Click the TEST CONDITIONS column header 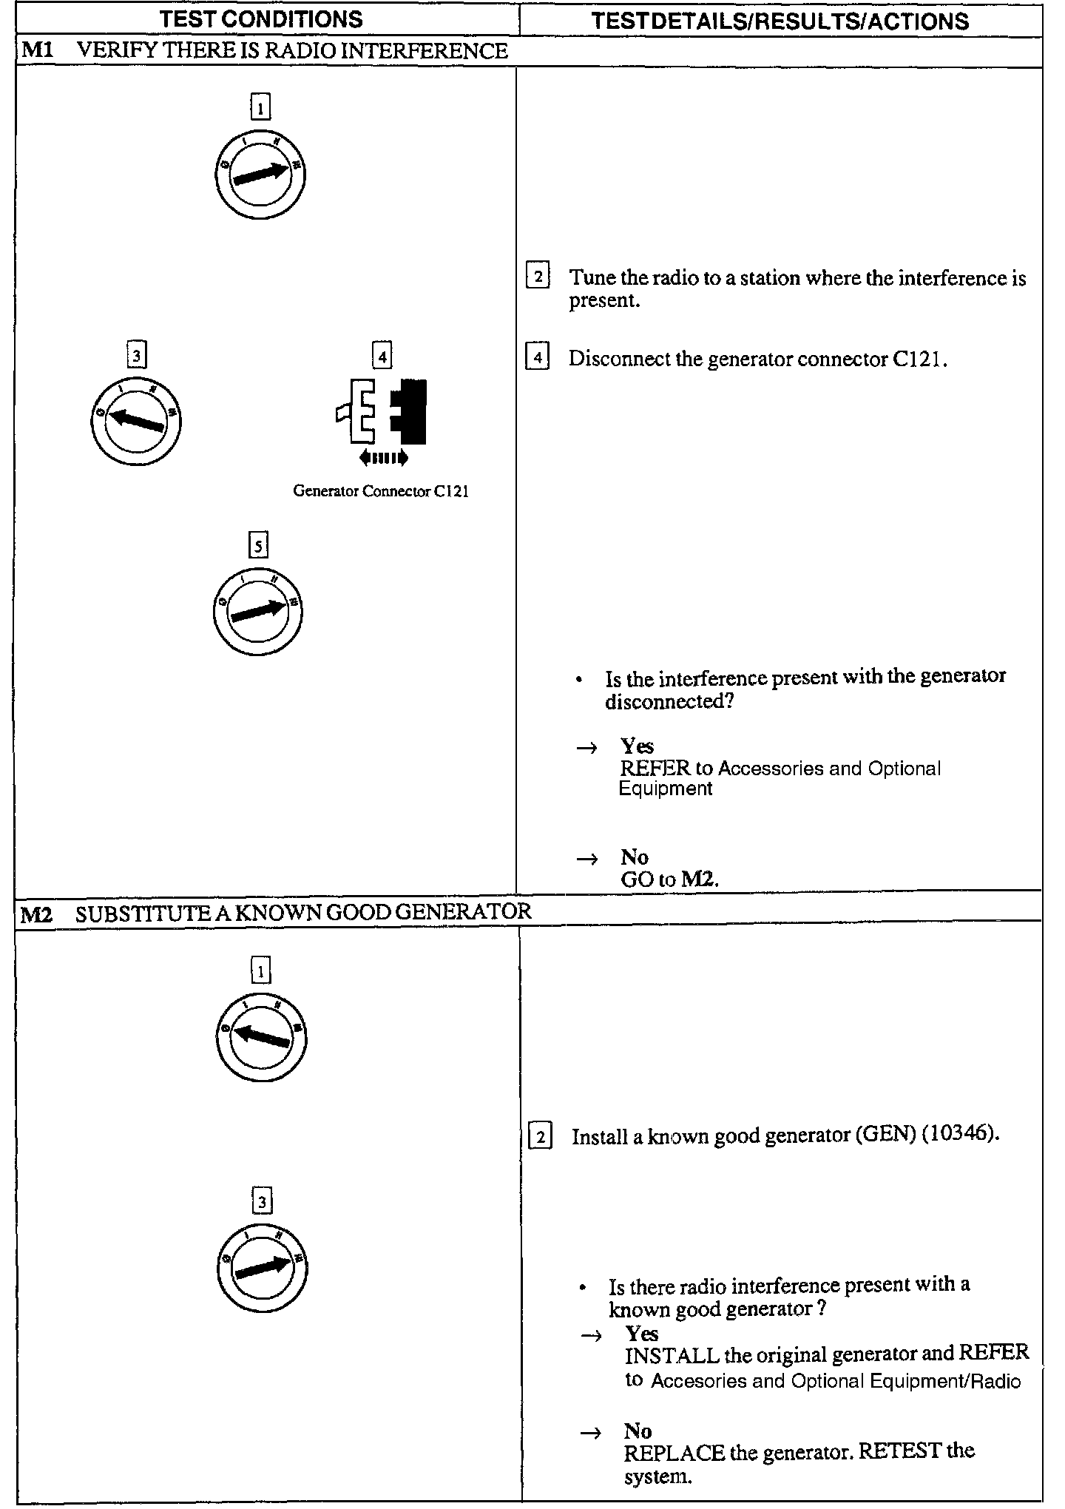click(262, 19)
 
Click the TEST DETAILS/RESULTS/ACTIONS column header click(780, 21)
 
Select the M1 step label click(35, 51)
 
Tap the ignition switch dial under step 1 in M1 click(260, 175)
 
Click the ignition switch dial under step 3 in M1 click(137, 422)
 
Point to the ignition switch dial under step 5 click(259, 611)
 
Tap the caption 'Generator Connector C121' click(381, 491)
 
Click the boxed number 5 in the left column click(258, 546)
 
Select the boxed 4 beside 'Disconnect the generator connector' click(537, 359)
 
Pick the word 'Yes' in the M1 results click(637, 746)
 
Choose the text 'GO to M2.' click(670, 879)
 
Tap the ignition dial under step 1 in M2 click(261, 1038)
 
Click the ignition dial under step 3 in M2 click(263, 1269)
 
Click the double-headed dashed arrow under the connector click(383, 459)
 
